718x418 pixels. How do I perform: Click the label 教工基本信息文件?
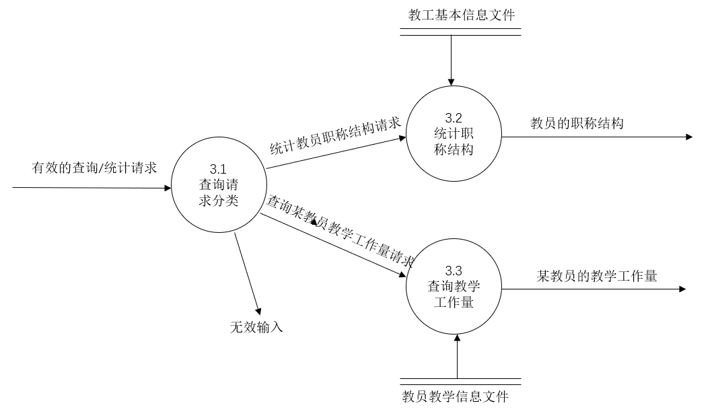coord(462,14)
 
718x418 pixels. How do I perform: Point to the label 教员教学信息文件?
coord(455,397)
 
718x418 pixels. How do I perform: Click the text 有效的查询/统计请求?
coord(94,168)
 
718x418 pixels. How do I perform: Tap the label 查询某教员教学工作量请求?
coord(340,231)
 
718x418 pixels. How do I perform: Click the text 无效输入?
coord(256,327)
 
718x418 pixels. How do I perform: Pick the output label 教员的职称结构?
coord(577,123)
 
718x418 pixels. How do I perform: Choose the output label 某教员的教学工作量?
coord(596,276)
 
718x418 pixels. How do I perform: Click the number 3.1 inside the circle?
coord(219,168)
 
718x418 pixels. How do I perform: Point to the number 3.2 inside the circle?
coord(454,117)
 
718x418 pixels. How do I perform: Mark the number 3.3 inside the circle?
coord(454,271)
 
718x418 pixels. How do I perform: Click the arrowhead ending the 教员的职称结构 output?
coord(688,137)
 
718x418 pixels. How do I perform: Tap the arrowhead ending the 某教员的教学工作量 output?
coord(682,289)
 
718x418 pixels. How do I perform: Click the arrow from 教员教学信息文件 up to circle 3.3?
coord(457,357)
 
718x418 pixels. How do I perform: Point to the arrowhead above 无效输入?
coord(257,306)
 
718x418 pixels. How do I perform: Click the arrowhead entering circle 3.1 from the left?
coord(168,188)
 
